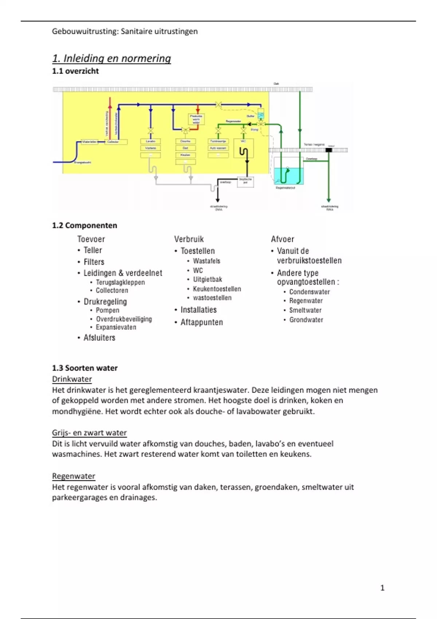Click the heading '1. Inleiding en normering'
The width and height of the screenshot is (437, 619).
point(111,58)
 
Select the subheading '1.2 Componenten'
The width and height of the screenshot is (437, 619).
point(84,225)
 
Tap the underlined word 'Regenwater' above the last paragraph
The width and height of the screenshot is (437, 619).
point(74,476)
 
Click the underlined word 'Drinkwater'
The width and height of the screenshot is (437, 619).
point(72,379)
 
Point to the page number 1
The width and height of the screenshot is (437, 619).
point(382,588)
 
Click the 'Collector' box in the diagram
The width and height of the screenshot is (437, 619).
point(116,142)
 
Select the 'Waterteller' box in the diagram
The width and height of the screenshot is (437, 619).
point(89,142)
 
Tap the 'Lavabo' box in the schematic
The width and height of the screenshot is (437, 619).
point(150,141)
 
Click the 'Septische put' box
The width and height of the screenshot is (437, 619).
point(245,181)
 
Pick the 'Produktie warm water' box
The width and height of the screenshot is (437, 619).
point(196,119)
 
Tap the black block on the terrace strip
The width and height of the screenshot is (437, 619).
point(329,150)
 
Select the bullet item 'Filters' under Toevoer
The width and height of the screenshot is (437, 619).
point(94,262)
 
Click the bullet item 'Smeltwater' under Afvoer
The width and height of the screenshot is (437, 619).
point(305,310)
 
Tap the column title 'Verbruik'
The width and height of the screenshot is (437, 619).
point(189,239)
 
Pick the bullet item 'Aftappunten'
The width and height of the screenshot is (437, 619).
point(201,322)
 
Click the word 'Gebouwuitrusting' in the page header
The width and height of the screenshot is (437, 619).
point(84,31)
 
